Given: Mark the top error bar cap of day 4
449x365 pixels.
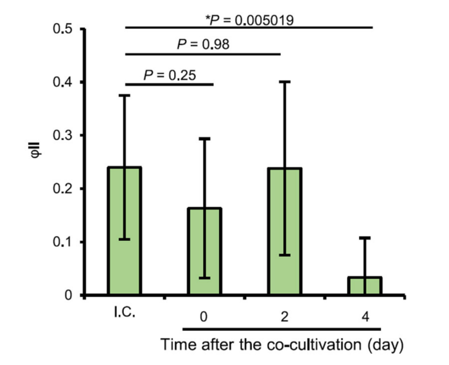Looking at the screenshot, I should [x=364, y=238].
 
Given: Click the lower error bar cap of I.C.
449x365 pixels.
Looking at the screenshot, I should [x=123, y=240].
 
